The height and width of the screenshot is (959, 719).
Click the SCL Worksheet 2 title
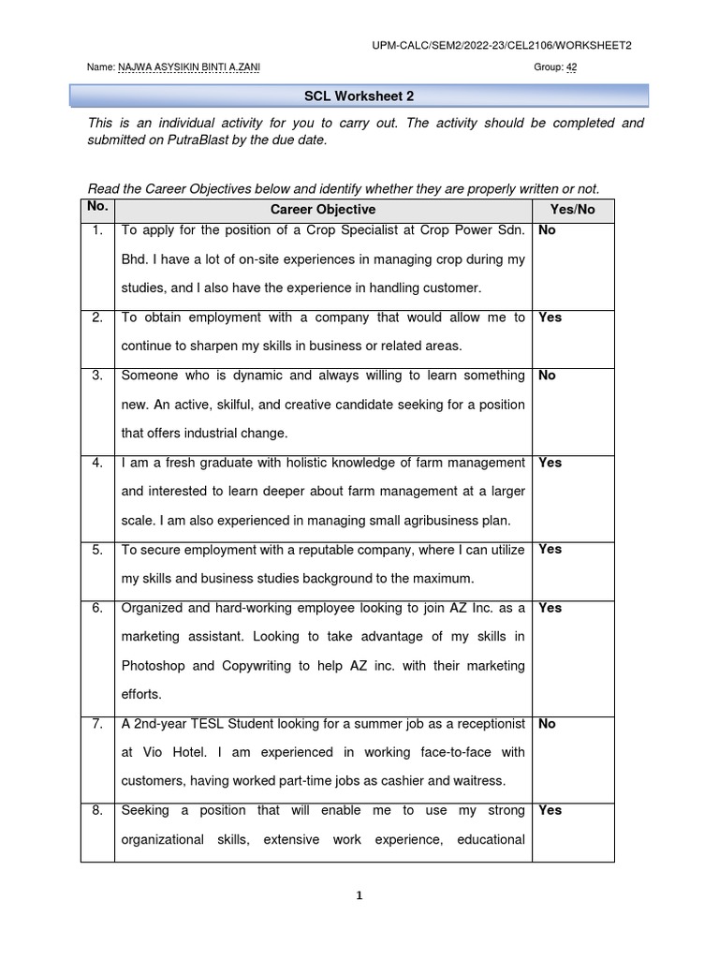[x=359, y=95]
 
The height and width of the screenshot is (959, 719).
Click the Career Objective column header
[x=323, y=210]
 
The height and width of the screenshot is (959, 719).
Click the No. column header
[x=97, y=206]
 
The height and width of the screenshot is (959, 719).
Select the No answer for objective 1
[x=547, y=230]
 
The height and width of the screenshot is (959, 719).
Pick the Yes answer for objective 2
[x=550, y=317]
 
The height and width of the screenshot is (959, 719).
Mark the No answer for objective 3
[x=547, y=376]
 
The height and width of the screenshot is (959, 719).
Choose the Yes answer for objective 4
[x=550, y=463]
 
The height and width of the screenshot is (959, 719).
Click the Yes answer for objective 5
[x=550, y=550]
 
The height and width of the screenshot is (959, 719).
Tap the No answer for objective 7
[x=547, y=724]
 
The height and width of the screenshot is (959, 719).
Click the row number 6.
[x=97, y=608]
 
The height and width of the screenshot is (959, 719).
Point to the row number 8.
[x=97, y=811]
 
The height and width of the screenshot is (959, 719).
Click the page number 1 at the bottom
[x=359, y=895]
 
